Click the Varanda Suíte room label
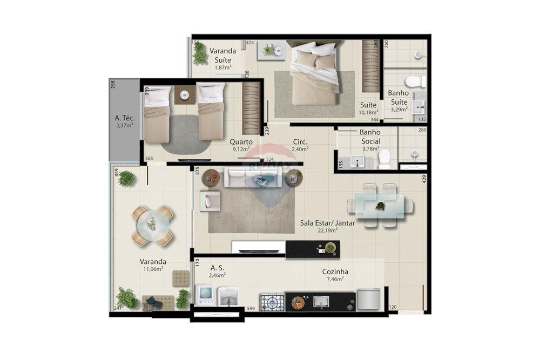click(223, 55)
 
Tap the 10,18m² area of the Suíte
click(370, 112)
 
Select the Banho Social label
click(370, 137)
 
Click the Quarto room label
click(241, 142)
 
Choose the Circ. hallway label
click(300, 142)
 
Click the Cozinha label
click(335, 272)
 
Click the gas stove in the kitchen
click(272, 302)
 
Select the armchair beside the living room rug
click(210, 201)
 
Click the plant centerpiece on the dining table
click(381, 206)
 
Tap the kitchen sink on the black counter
click(321, 302)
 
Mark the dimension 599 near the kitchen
click(250, 308)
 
